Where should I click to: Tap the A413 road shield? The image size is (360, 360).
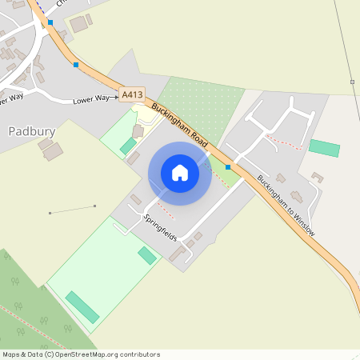pos(132,95)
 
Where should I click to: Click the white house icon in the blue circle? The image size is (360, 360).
pos(180,173)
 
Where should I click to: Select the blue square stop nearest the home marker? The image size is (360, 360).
pos(228,167)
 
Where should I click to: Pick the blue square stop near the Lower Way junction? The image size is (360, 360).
pos(76,65)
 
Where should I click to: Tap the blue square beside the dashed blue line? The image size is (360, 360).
pos(50,23)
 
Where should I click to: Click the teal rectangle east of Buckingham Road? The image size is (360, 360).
pos(324,148)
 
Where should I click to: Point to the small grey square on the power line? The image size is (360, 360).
pos(352,82)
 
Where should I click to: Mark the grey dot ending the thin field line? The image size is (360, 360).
pos(50,213)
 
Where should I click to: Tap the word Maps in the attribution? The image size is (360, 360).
pos(12,354)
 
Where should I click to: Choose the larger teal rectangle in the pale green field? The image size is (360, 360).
pos(82,307)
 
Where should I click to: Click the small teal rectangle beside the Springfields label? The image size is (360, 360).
pos(147,255)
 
